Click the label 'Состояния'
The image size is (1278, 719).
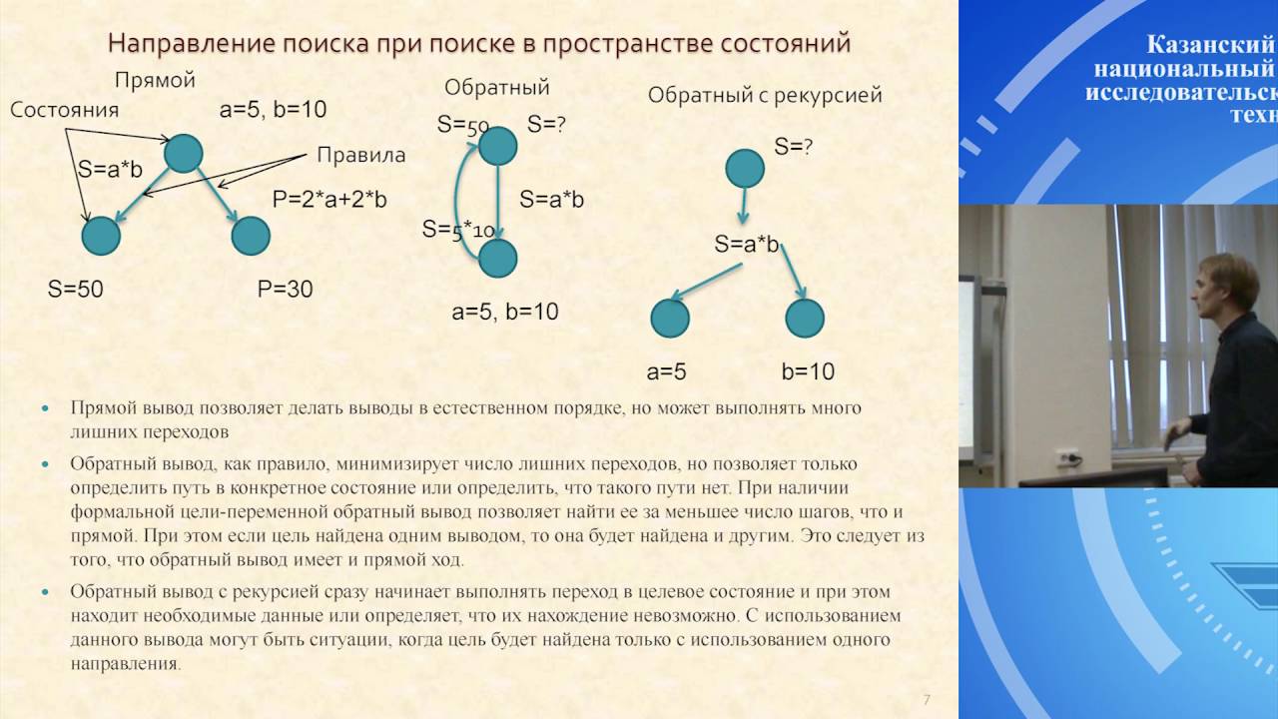click(x=64, y=111)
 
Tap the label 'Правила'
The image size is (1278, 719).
click(x=360, y=155)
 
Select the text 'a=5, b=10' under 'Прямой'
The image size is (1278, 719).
click(x=273, y=110)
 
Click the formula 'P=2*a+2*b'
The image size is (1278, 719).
click(x=329, y=200)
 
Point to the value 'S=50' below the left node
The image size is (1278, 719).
click(x=76, y=290)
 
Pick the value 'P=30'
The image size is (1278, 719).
click(x=285, y=290)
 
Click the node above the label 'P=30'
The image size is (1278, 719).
click(x=251, y=236)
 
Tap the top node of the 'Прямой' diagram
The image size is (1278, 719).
click(x=183, y=153)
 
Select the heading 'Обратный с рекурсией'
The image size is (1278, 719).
click(x=765, y=96)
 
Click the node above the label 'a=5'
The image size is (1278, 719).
click(x=670, y=319)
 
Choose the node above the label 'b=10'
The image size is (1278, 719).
click(x=805, y=319)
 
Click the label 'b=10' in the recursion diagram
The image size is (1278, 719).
click(x=807, y=372)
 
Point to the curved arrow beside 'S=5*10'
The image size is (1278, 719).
click(x=460, y=200)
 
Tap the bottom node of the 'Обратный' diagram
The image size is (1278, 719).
click(x=497, y=258)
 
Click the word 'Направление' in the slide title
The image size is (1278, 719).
click(x=177, y=44)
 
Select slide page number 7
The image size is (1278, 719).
click(x=927, y=698)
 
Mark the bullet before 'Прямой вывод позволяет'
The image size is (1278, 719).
click(x=46, y=409)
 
